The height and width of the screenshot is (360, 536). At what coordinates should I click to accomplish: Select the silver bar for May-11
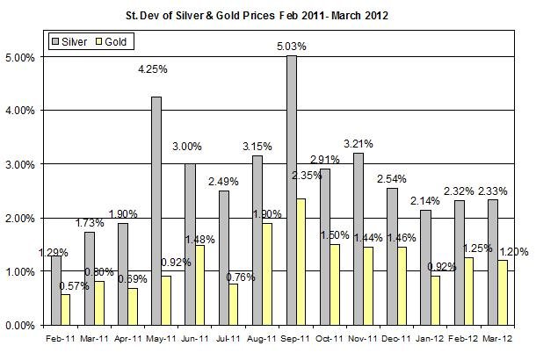[x=156, y=211]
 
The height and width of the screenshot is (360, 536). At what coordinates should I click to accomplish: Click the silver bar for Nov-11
[x=359, y=239]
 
